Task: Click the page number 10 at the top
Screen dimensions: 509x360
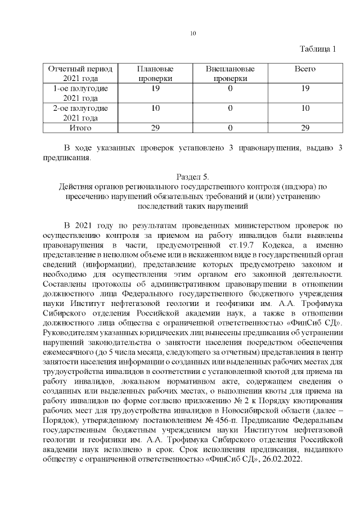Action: tap(192, 34)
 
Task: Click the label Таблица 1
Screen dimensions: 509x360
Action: tap(317, 49)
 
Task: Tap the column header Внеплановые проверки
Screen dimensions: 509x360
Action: tap(229, 74)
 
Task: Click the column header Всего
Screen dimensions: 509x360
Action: tap(305, 69)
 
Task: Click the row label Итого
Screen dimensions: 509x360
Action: tap(80, 128)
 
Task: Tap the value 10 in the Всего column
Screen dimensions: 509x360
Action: tap(305, 109)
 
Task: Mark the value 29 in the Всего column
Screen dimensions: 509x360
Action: tap(305, 128)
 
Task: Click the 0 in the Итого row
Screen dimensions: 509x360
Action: tap(229, 128)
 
